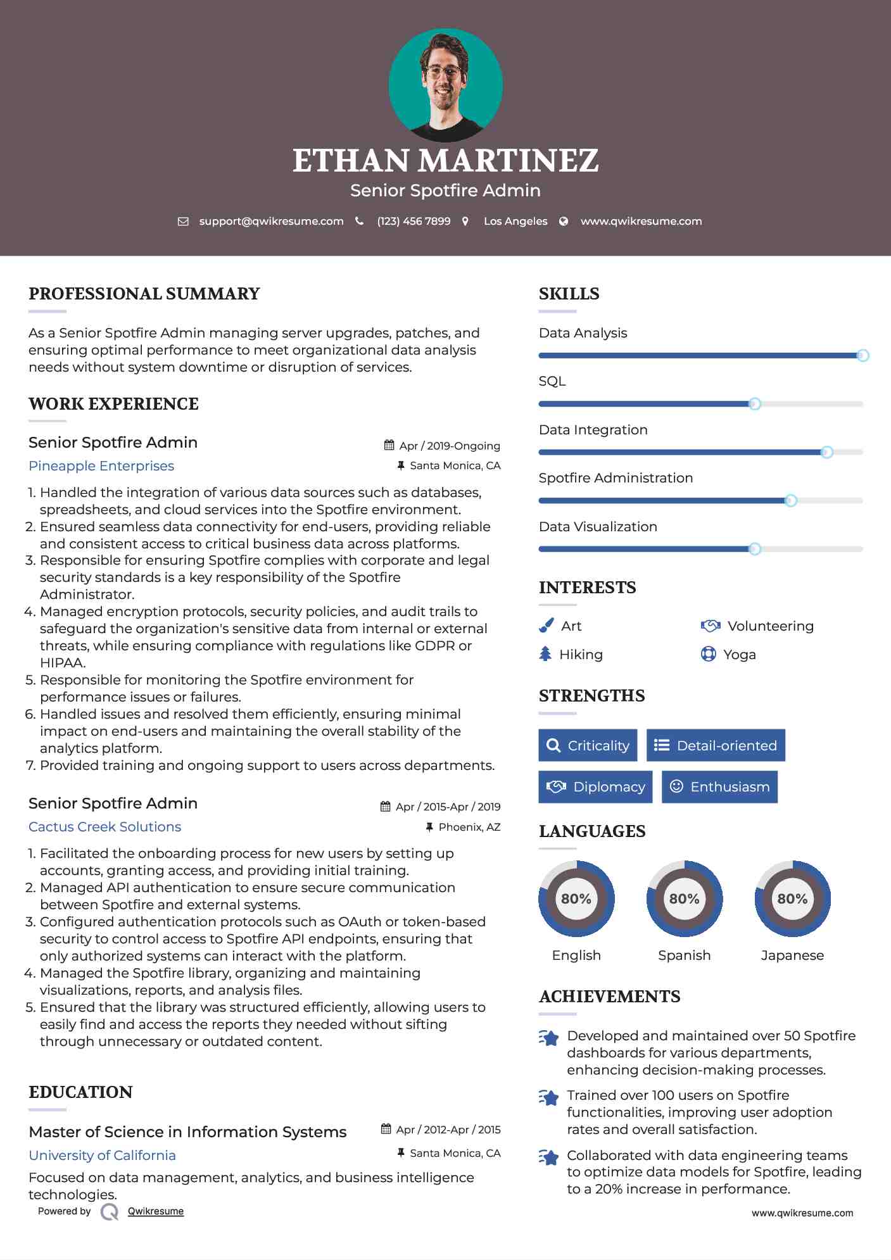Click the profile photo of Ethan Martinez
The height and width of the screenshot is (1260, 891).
(445, 85)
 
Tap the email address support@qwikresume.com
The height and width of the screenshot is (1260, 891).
(271, 222)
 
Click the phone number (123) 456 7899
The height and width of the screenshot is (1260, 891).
(414, 222)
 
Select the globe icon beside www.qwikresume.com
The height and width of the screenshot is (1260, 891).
(564, 222)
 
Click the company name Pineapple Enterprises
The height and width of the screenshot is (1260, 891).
(101, 466)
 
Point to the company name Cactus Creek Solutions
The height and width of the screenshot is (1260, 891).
(104, 827)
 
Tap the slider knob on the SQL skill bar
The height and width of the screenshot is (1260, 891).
(754, 404)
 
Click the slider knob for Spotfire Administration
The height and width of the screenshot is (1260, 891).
(790, 501)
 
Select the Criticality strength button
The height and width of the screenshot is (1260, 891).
(588, 745)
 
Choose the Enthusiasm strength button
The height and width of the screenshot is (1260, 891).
(719, 787)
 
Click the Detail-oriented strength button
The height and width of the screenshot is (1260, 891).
(716, 745)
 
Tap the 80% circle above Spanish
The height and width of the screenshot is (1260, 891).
(684, 898)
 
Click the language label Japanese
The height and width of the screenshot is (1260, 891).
(792, 955)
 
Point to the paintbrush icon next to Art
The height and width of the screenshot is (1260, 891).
(546, 626)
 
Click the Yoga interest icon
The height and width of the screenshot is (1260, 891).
(708, 654)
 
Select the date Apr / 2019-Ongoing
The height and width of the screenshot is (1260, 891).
(449, 446)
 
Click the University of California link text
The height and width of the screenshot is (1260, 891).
(102, 1156)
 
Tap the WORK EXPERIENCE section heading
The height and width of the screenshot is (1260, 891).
(113, 404)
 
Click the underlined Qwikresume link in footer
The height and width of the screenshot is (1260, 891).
(156, 1211)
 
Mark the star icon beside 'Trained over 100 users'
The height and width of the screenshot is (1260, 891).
(549, 1097)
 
